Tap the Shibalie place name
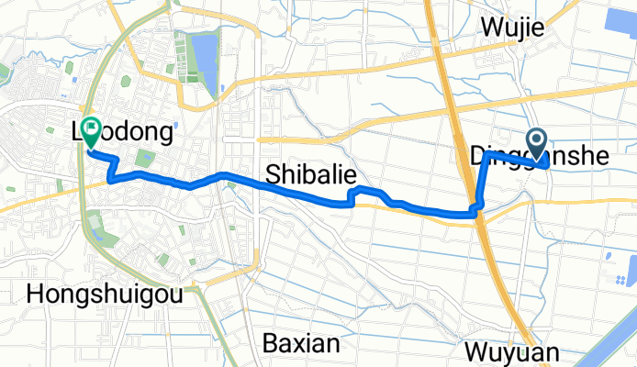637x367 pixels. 311,173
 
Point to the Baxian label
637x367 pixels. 300,344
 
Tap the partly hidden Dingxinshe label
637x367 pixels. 538,157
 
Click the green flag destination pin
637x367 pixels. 92,131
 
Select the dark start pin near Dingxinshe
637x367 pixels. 537,141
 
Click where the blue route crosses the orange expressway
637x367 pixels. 475,212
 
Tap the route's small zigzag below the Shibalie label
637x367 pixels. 353,196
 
